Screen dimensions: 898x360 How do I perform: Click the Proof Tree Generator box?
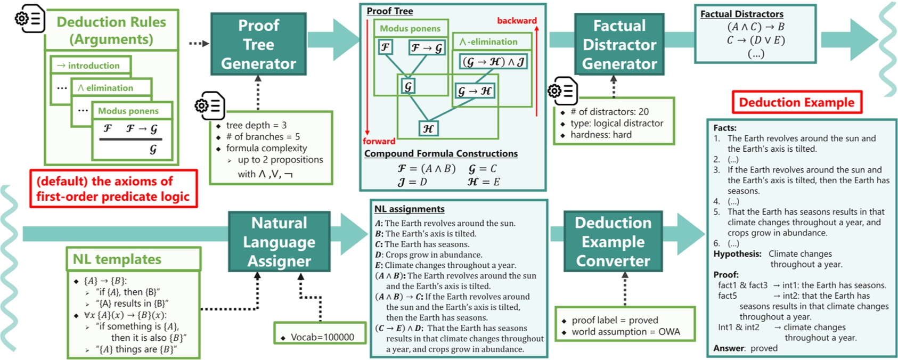(x=258, y=44)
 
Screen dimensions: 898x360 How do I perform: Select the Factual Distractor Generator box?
(x=619, y=44)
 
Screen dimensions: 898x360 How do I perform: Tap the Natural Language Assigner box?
(x=279, y=242)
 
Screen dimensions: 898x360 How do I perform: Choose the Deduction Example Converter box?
(x=613, y=242)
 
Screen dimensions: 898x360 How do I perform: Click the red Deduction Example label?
(x=797, y=102)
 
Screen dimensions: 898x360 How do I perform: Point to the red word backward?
(x=517, y=20)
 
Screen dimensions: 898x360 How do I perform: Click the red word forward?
(x=379, y=141)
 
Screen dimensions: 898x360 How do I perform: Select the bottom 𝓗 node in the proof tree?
(x=428, y=129)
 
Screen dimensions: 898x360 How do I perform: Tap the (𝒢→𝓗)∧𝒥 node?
(x=493, y=62)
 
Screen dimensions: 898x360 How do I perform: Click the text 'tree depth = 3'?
(x=256, y=125)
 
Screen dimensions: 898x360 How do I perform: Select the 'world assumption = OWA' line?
(x=626, y=332)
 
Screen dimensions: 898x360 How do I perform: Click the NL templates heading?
(x=117, y=259)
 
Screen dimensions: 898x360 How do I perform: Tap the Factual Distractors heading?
(x=741, y=14)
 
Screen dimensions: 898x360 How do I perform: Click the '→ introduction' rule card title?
(x=88, y=66)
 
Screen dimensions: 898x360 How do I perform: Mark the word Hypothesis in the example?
(x=737, y=254)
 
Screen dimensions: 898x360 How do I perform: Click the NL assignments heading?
(x=409, y=209)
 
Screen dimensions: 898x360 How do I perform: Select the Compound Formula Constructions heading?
(x=441, y=153)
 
